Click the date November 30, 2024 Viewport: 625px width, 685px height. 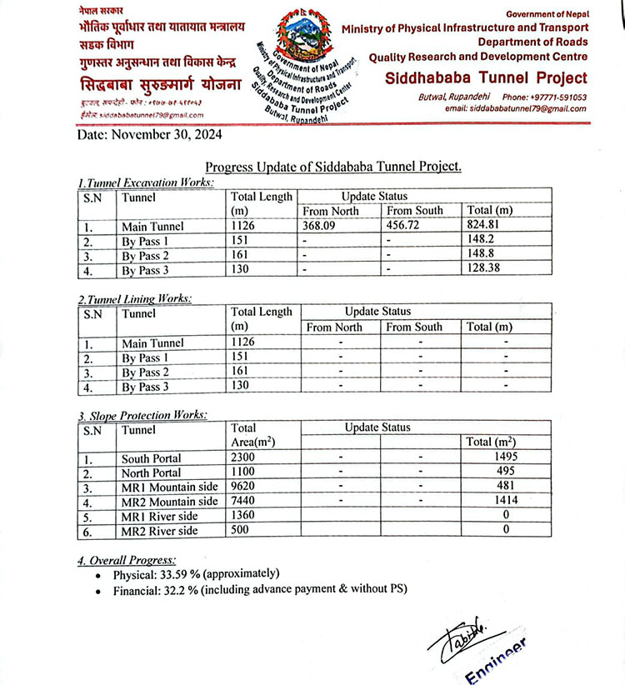tap(149, 134)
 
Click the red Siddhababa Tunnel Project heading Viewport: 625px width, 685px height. tap(487, 78)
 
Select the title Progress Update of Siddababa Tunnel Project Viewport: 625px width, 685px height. tap(332, 167)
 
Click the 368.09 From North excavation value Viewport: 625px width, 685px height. tap(322, 226)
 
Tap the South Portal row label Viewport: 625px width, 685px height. tap(152, 458)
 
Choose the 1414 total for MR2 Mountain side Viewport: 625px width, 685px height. tap(503, 501)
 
